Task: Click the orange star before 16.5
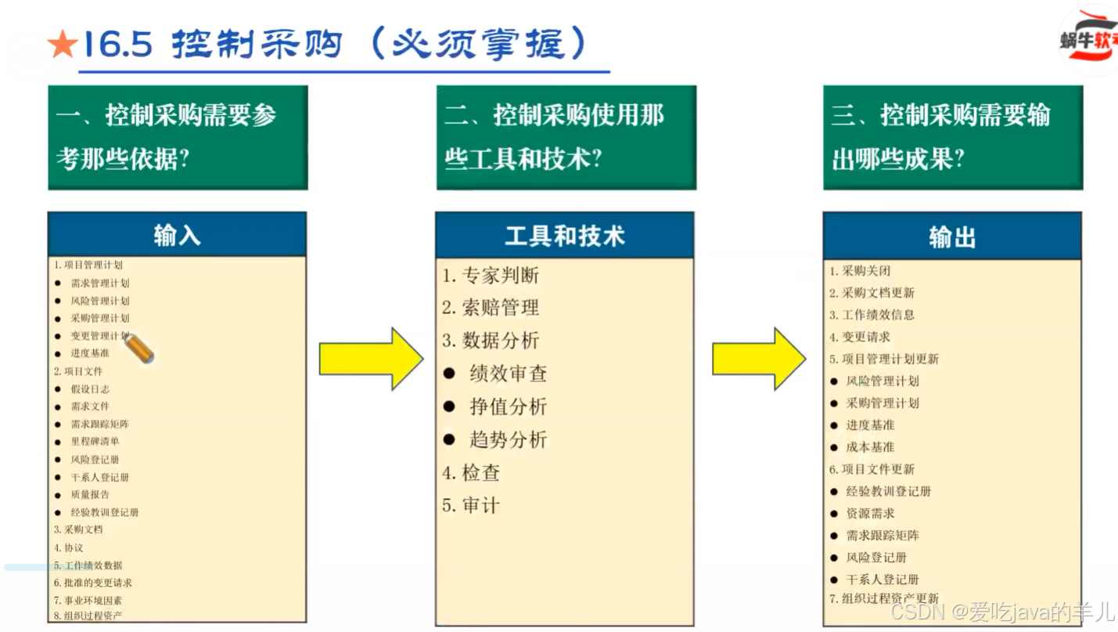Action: tap(62, 45)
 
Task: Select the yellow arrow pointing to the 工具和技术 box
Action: tap(371, 359)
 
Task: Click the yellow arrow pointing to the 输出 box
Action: tap(758, 359)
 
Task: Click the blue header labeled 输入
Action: tap(177, 235)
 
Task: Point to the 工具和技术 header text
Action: tap(564, 236)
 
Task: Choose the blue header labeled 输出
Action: tap(952, 237)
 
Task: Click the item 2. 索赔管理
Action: tap(491, 308)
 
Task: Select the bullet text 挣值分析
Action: tap(508, 406)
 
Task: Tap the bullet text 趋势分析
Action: tap(508, 439)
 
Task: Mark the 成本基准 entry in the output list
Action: tap(870, 447)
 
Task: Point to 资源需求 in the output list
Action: tap(870, 513)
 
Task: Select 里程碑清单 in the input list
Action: tap(95, 441)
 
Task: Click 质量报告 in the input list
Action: tap(90, 494)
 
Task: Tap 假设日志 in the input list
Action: tap(90, 388)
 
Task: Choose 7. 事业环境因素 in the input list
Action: tap(88, 600)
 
